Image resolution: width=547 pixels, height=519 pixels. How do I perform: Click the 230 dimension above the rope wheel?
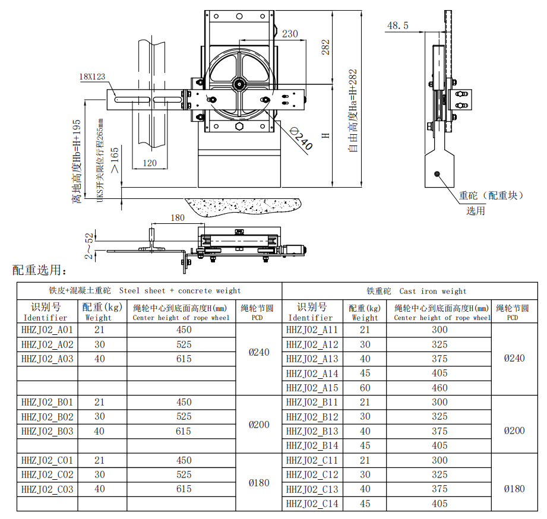pos(290,34)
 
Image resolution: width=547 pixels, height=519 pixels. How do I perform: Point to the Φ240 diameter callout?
pos(301,138)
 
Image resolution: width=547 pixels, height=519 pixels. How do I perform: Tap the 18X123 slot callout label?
pos(92,77)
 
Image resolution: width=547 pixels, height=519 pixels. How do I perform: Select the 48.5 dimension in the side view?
pos(397,26)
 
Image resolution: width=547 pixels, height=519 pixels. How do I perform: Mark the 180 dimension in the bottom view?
pos(178,218)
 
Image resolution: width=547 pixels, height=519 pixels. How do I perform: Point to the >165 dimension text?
pos(114,160)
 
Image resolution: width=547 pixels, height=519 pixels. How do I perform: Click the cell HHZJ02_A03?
pos(48,359)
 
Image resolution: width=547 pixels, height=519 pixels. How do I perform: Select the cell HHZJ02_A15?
pos(312,388)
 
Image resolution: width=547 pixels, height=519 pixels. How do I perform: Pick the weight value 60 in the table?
pos(365,388)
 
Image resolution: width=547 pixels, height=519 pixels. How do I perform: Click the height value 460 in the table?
pos(440,388)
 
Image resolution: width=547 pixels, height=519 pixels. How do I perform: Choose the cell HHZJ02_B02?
pos(48,417)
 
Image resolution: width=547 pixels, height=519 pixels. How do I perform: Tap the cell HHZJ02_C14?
pos(312,504)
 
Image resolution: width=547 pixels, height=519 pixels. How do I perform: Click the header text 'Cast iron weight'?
pos(433,291)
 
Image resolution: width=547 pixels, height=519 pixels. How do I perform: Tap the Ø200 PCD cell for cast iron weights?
pos(514,431)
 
